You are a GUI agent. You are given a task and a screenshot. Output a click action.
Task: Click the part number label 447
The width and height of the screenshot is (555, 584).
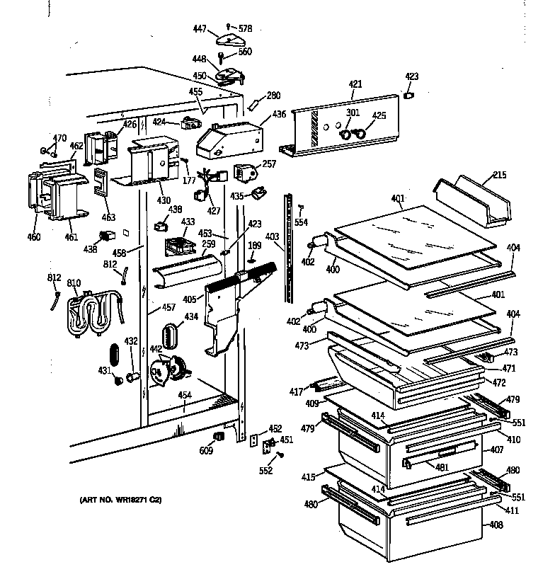(200, 28)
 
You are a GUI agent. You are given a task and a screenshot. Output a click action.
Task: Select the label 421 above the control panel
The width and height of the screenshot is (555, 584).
(355, 84)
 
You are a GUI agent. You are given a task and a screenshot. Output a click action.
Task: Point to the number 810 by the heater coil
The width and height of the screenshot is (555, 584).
(74, 283)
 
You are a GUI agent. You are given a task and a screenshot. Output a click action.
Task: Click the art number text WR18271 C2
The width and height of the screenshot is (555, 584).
(120, 500)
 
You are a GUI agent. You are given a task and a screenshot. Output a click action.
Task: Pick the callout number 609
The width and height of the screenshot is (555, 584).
(207, 450)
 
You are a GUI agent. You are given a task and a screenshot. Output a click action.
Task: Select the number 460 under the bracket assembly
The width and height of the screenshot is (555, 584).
(34, 236)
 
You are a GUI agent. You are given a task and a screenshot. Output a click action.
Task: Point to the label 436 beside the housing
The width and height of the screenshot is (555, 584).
(279, 114)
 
